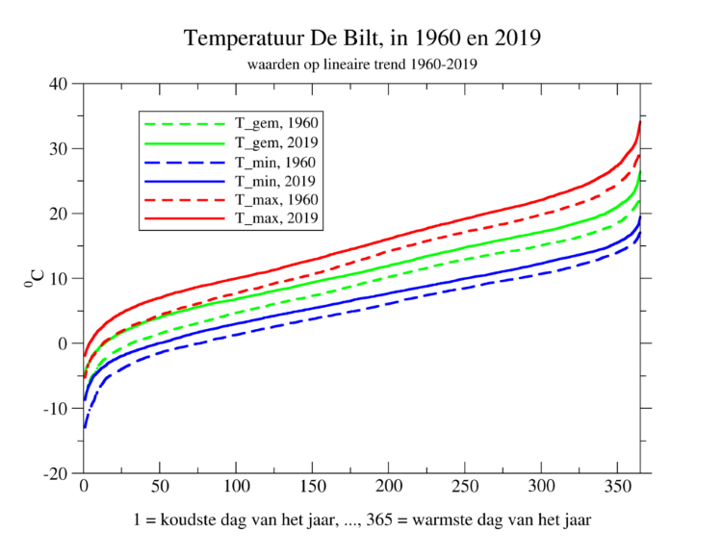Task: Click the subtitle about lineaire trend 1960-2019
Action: click(x=361, y=64)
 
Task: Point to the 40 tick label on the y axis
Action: click(x=59, y=84)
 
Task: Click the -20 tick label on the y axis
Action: click(x=55, y=473)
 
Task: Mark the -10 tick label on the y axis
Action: click(x=55, y=409)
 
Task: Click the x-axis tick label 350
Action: click(x=618, y=490)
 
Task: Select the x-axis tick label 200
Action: click(x=389, y=490)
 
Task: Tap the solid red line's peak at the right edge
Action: click(x=640, y=122)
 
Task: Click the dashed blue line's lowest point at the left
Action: click(x=85, y=426)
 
